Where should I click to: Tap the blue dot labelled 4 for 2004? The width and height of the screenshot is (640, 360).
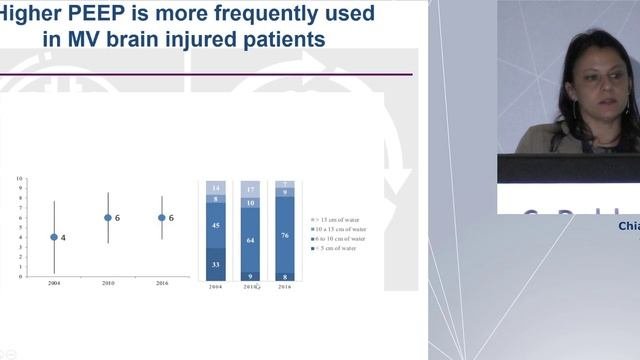[x=54, y=237]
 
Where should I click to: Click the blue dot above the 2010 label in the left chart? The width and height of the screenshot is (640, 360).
[x=108, y=217]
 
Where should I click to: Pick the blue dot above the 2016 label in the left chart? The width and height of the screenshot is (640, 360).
[x=162, y=217]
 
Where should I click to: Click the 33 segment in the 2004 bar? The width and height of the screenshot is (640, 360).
[x=215, y=264]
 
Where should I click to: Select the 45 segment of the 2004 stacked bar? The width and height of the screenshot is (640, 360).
[x=215, y=225]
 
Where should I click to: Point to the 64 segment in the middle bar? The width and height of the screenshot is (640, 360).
[x=250, y=240]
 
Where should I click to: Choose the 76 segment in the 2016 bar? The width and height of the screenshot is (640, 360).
[x=284, y=236]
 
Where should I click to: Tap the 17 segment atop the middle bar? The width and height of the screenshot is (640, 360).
[x=250, y=189]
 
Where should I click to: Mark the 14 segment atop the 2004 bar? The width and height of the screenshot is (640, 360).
[x=215, y=188]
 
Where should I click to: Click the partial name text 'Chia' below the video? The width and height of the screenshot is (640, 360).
[x=629, y=226]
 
